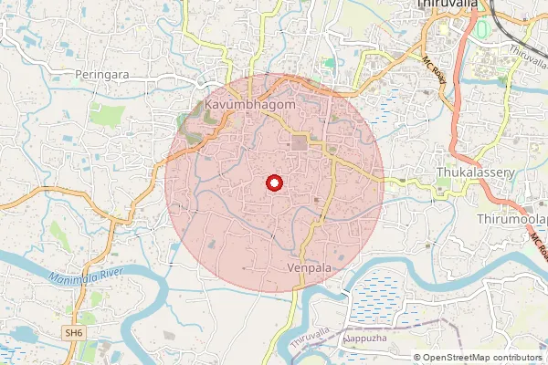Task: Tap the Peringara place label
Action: point(103,74)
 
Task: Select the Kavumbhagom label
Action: point(250,106)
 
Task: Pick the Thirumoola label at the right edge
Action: point(511,220)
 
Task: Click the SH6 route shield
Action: point(74,334)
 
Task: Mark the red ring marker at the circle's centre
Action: point(273,182)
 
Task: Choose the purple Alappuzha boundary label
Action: point(365,339)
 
